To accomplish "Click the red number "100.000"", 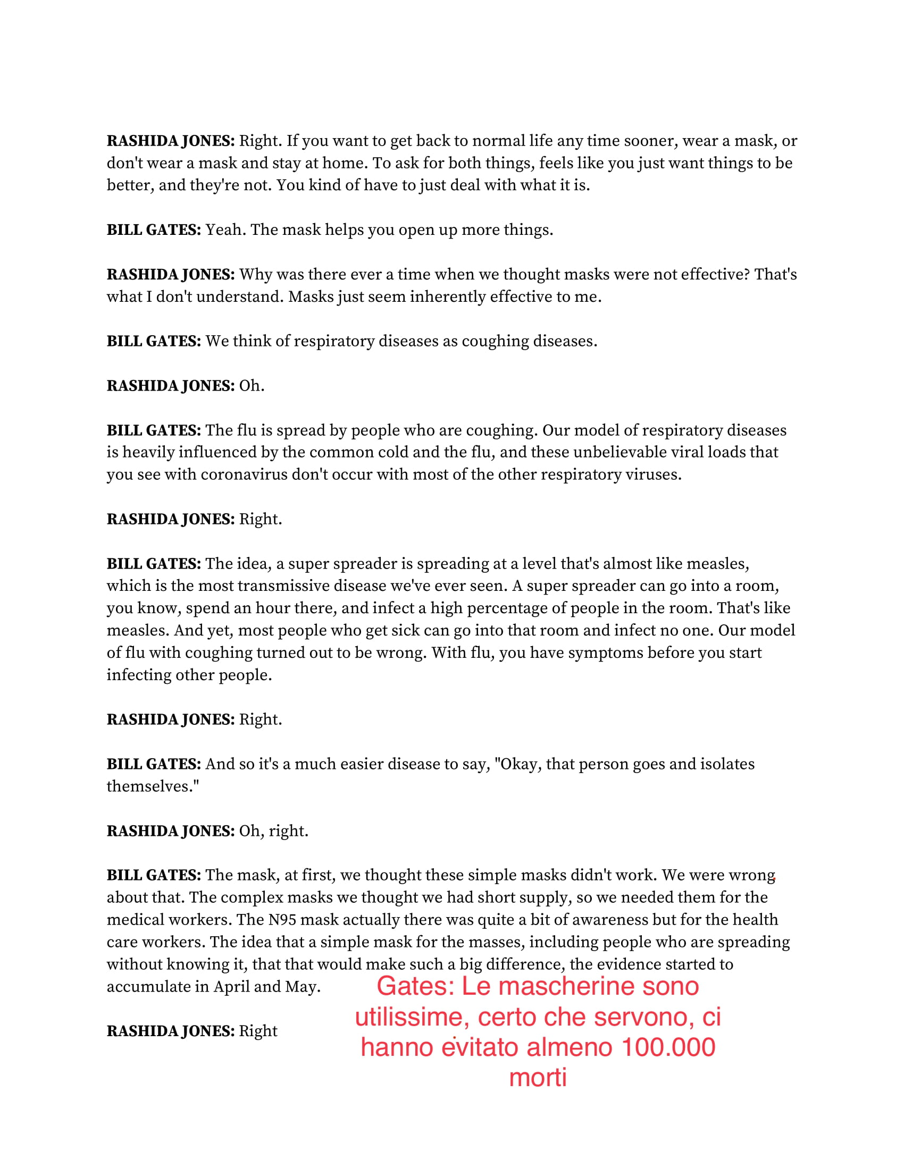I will click(668, 1047).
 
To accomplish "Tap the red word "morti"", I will click(538, 1078).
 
